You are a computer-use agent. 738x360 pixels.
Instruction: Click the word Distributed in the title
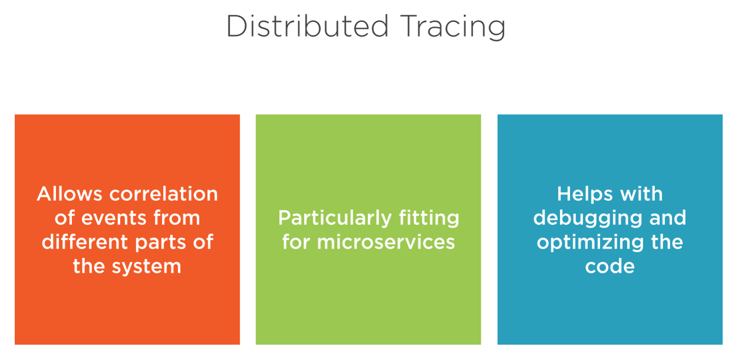coord(307,27)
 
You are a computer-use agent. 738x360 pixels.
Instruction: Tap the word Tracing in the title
coord(453,28)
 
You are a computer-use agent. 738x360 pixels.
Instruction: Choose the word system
coord(146,267)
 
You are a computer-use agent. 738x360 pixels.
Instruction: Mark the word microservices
coord(386,242)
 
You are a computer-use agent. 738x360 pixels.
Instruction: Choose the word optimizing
coord(590,243)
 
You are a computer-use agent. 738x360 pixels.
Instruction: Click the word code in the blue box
coord(610,266)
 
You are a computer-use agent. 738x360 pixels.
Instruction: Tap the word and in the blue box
coord(667,217)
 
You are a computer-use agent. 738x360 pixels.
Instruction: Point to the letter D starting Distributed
coord(237,27)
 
